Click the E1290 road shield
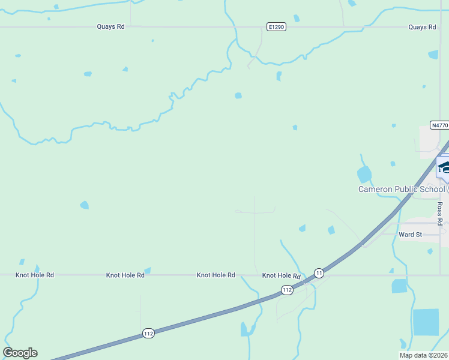point(276,27)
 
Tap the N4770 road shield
point(439,125)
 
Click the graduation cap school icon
point(443,166)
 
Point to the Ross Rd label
point(440,213)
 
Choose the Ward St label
point(411,235)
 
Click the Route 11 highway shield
point(319,272)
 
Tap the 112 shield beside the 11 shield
point(287,290)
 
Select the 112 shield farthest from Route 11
point(149,333)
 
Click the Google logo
point(20,353)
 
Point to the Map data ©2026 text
point(423,355)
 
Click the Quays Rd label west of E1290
point(111,27)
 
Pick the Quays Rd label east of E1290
point(422,27)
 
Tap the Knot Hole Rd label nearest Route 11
point(281,275)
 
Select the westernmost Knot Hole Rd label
point(35,275)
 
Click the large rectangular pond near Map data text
point(426,322)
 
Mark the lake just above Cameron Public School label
point(364,175)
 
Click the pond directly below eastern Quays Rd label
point(433,55)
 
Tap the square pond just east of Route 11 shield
point(399,286)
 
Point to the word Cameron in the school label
point(375,189)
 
